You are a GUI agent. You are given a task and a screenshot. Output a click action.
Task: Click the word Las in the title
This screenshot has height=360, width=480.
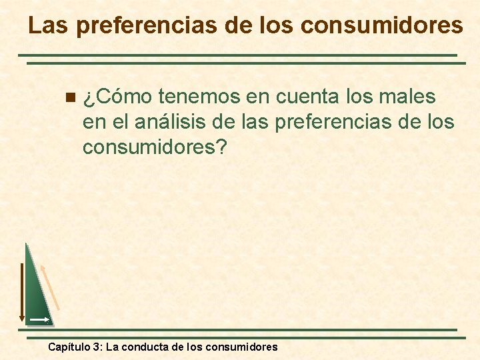(x=49, y=25)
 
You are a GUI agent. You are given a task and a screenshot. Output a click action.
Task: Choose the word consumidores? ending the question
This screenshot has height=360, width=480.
(x=155, y=147)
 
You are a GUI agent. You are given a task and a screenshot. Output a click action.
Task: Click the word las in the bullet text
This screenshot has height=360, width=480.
(x=253, y=123)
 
